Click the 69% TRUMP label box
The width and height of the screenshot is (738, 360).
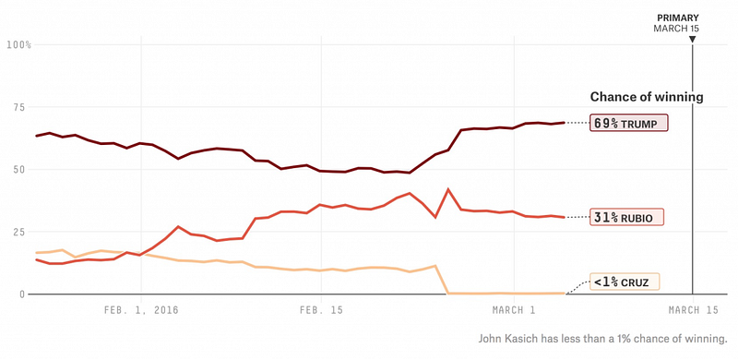click(x=629, y=123)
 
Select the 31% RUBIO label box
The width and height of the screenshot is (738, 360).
click(x=627, y=217)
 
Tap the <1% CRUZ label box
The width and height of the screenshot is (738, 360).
click(x=625, y=282)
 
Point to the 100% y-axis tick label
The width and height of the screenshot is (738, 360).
click(x=19, y=44)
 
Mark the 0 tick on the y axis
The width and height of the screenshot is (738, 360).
click(x=21, y=294)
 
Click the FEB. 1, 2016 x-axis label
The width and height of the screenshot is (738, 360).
click(x=141, y=310)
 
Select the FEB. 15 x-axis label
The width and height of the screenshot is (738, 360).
click(x=321, y=310)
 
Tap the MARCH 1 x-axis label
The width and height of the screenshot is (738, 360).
click(x=514, y=310)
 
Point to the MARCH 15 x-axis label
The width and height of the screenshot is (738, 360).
click(x=694, y=310)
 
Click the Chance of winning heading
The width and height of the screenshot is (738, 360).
click(x=647, y=97)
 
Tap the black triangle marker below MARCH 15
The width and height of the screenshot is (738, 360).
click(x=693, y=40)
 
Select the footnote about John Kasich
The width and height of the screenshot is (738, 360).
click(x=603, y=339)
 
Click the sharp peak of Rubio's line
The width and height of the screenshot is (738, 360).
click(x=448, y=189)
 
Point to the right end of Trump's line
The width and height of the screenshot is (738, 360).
click(x=564, y=123)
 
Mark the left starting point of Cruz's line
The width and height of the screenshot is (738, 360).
click(x=37, y=253)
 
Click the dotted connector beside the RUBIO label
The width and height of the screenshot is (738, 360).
click(x=577, y=217)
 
